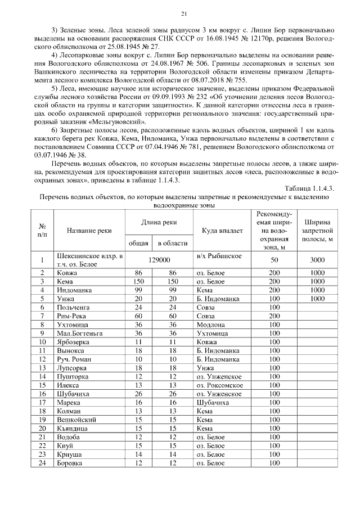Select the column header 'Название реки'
point(89,231)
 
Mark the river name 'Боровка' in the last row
point(70,463)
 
